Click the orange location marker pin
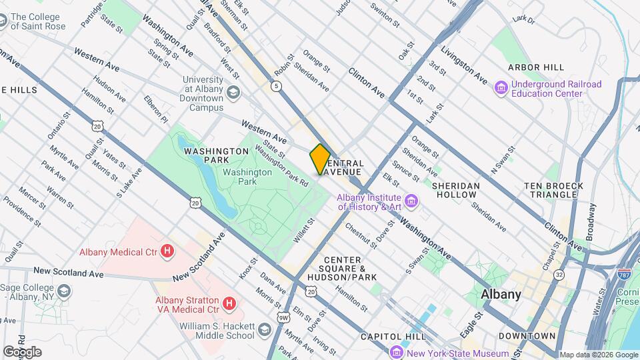(320, 159)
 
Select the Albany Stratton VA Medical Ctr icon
(229, 304)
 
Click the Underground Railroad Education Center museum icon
(501, 87)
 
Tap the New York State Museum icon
(397, 353)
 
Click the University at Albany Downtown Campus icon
(233, 91)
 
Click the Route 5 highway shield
(275, 85)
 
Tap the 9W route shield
(284, 317)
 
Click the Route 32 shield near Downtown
(559, 274)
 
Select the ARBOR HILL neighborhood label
(535, 67)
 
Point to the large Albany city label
(501, 294)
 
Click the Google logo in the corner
(22, 351)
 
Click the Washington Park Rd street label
(281, 166)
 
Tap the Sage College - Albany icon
(63, 291)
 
